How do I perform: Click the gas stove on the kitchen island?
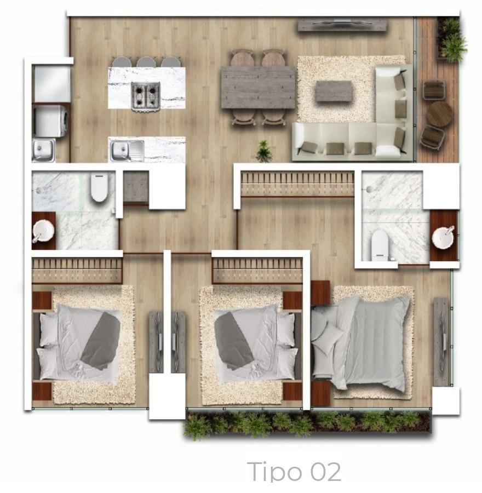pos(146,96)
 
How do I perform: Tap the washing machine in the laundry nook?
pos(50,121)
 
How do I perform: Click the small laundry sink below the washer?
pos(43,150)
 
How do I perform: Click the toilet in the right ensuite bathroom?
pos(380,244)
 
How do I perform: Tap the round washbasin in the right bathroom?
pos(443,237)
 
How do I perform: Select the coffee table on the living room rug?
pos(334,91)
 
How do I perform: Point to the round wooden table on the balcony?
pos(440,114)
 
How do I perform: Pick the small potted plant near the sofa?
pos(263,151)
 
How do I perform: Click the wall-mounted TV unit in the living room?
pos(342,25)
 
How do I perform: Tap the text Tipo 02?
pos(294,472)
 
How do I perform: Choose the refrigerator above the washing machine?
pos(51,84)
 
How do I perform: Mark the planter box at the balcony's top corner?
pos(451,39)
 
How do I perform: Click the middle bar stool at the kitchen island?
pos(146,61)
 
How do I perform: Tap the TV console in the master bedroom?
pos(442,342)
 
